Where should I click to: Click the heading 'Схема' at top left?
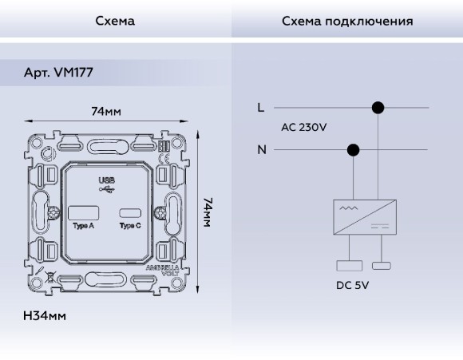tap(115, 21)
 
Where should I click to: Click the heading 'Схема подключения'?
tap(347, 21)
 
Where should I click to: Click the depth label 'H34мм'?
tap(45, 316)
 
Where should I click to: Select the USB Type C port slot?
tap(129, 213)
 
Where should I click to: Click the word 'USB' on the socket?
tap(106, 180)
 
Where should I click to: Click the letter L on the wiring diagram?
tap(261, 107)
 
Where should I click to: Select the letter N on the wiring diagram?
tap(261, 149)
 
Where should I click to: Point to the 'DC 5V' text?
tap(352, 284)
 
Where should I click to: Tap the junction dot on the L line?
tap(378, 107)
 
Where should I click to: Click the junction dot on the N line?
tap(354, 149)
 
